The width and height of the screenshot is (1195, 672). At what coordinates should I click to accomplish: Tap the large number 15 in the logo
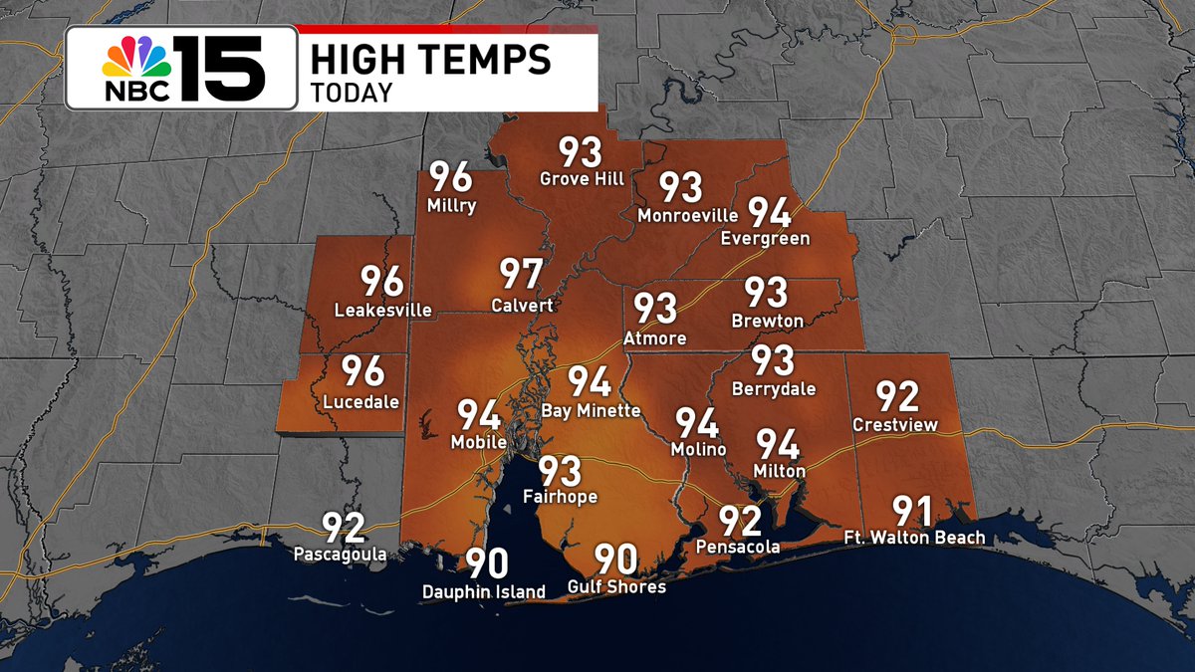tap(221, 68)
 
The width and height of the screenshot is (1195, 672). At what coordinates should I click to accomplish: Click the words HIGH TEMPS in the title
tap(430, 60)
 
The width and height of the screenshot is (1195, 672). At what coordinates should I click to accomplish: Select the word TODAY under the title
tap(352, 93)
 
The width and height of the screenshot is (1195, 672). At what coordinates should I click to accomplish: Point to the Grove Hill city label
tap(582, 179)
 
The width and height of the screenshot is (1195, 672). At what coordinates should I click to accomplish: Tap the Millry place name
tap(451, 206)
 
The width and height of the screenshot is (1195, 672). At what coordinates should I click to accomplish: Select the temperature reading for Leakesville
tap(382, 282)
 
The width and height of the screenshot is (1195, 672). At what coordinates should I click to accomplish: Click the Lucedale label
tap(361, 402)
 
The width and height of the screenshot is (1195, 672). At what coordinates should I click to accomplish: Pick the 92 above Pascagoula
tap(343, 528)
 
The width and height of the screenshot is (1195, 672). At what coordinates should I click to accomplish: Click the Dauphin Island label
tap(484, 592)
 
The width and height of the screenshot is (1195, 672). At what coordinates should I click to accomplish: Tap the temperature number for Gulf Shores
tap(616, 560)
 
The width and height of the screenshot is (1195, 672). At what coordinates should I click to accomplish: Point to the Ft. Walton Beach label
tap(914, 538)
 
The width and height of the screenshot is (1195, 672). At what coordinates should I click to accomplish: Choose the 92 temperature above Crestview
tap(896, 396)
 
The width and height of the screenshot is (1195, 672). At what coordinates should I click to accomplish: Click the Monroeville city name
tap(687, 215)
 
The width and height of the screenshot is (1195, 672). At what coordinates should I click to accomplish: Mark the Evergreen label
tap(766, 238)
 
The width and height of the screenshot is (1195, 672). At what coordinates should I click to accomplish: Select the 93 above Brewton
tap(767, 293)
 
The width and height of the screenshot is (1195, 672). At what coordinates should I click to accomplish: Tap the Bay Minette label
tap(591, 410)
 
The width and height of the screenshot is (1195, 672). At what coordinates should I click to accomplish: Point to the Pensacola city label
tap(738, 547)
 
